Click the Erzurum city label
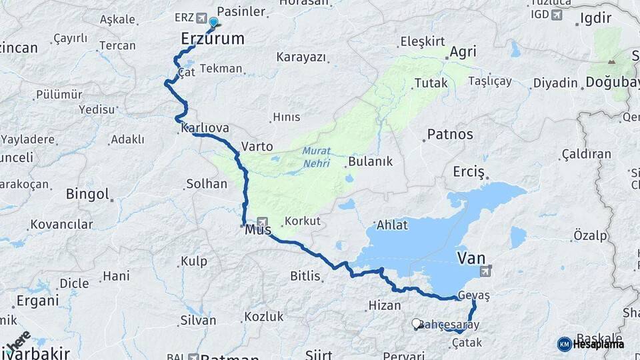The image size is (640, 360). click(213, 39)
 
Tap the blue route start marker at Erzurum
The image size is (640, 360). click(213, 23)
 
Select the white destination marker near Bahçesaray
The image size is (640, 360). click(417, 324)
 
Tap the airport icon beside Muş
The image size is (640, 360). click(262, 221)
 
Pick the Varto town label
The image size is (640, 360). click(257, 145)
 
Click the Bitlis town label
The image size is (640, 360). click(305, 275)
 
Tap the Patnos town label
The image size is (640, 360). click(450, 134)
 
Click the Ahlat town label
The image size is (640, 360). click(392, 225)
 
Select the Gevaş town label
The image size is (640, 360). click(475, 295)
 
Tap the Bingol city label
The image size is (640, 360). click(87, 194)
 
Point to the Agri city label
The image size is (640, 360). click(463, 52)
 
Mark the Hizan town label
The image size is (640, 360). click(384, 306)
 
